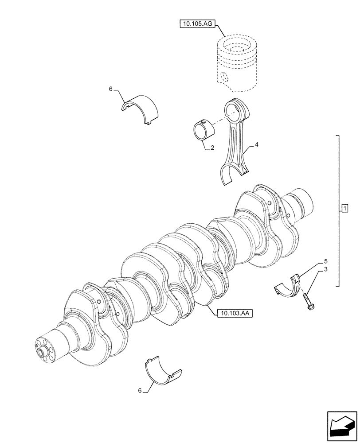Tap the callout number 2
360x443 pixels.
click(x=212, y=148)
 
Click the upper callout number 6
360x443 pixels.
click(x=111, y=89)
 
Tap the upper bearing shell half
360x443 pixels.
click(x=141, y=108)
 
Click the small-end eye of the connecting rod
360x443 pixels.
click(x=235, y=109)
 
